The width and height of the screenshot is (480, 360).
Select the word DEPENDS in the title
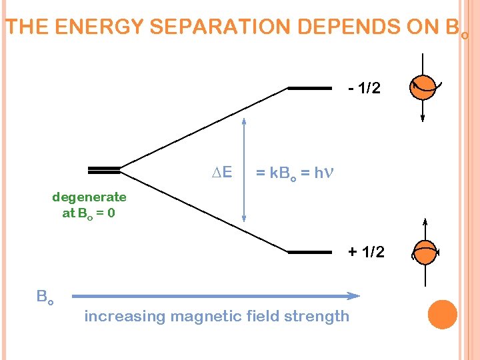[339, 27]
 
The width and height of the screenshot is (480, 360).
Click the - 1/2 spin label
[365, 88]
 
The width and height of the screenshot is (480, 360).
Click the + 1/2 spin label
[366, 252]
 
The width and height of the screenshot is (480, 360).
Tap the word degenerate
[89, 197]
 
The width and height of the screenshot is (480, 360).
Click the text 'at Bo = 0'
[89, 214]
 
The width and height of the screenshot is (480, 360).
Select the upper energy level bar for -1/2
[309, 88]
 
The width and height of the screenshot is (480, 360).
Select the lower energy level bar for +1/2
[309, 252]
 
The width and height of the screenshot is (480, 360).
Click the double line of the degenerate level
[103, 169]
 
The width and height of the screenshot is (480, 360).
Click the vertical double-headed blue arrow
[244, 169]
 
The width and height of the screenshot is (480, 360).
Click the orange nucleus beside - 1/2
[422, 87]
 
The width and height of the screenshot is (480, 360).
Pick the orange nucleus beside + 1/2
[425, 253]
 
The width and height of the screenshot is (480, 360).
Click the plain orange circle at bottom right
[442, 315]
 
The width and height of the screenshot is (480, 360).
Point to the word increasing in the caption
[125, 317]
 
